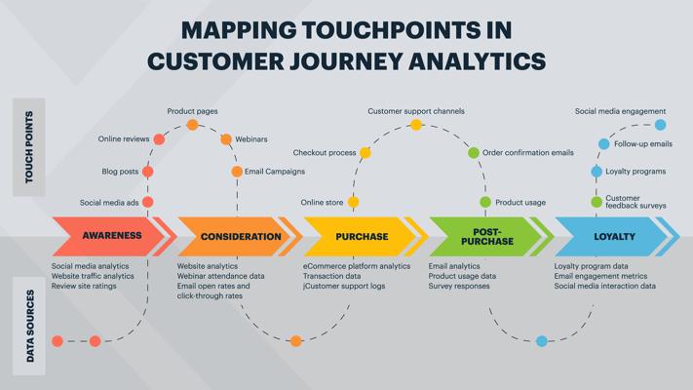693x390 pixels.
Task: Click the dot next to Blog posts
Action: (148, 172)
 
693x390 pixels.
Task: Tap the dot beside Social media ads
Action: (148, 202)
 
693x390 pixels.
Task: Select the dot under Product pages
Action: (192, 125)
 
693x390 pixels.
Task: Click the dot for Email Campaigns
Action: (237, 172)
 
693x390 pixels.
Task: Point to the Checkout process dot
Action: (366, 153)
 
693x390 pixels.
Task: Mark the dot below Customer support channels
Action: (416, 125)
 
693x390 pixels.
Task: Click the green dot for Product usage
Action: (485, 202)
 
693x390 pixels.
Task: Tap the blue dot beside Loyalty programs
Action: (597, 172)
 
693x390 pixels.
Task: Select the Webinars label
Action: (251, 139)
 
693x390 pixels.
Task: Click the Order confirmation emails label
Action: (528, 152)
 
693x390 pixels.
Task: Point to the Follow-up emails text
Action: (643, 143)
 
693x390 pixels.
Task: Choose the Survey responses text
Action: (459, 286)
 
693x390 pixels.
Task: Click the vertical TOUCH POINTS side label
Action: (29, 147)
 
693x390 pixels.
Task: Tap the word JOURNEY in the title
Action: (346, 60)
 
